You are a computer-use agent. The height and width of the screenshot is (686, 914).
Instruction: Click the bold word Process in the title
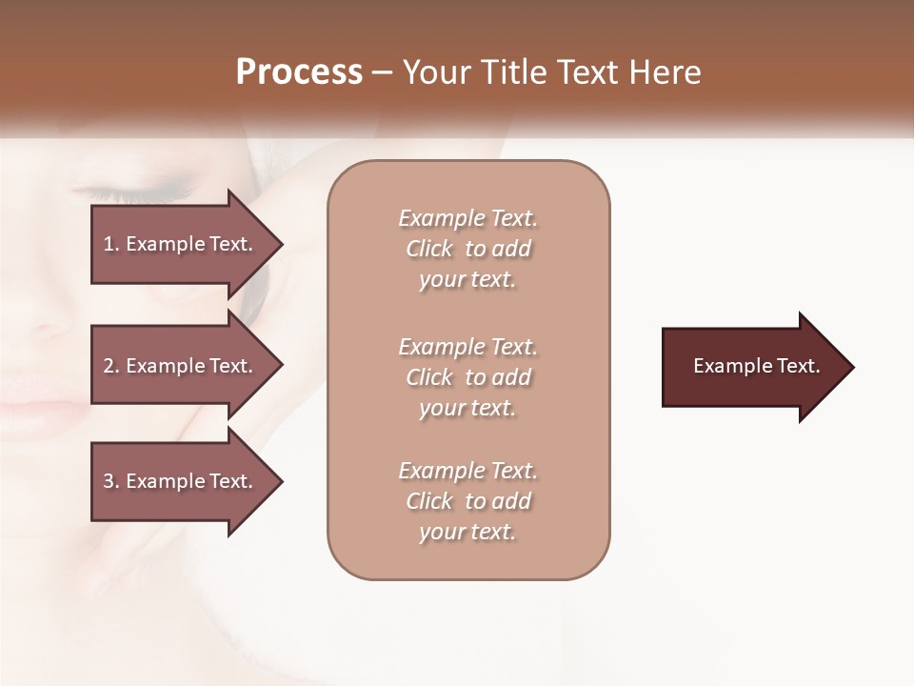[x=299, y=72]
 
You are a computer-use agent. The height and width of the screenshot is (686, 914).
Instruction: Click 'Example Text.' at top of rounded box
[x=467, y=218]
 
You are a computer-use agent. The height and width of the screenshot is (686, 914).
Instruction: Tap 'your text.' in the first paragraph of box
[x=467, y=280]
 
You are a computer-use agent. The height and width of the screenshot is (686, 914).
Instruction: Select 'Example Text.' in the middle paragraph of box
[x=467, y=347]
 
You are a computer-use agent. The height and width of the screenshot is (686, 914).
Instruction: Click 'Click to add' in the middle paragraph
[x=467, y=377]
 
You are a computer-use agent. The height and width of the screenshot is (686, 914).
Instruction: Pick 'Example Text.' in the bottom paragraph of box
[x=467, y=471]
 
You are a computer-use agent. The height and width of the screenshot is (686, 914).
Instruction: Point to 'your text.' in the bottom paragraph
[x=467, y=533]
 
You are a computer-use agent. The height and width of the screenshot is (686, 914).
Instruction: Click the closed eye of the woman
[x=133, y=191]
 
